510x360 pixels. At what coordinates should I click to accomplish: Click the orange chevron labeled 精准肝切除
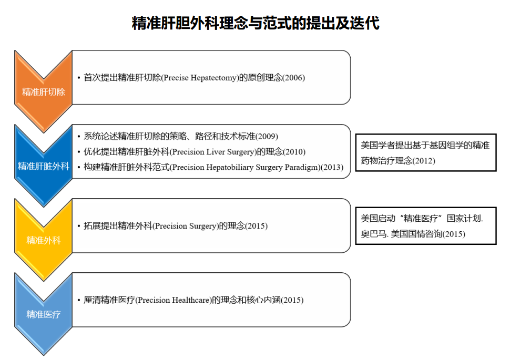pyautogui.click(x=43, y=91)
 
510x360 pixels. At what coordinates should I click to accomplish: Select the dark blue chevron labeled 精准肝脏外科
pyautogui.click(x=43, y=166)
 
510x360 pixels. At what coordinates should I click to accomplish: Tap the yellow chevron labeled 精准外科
pyautogui.click(x=43, y=240)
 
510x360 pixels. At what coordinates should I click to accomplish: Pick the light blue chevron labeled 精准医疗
pyautogui.click(x=43, y=314)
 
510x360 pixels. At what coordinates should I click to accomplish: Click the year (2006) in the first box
pyautogui.click(x=294, y=78)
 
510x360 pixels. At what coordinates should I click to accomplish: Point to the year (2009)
pyautogui.click(x=267, y=136)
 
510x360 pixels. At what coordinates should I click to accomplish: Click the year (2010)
pyautogui.click(x=294, y=152)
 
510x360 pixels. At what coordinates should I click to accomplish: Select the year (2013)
pyautogui.click(x=332, y=168)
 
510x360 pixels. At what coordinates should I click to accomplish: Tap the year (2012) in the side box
pyautogui.click(x=424, y=161)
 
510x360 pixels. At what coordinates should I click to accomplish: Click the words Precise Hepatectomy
pyautogui.click(x=200, y=78)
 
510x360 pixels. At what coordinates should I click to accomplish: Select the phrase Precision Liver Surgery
pyautogui.click(x=213, y=152)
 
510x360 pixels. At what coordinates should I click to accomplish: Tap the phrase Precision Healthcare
pyautogui.click(x=174, y=300)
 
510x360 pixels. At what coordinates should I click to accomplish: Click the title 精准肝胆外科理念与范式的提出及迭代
pyautogui.click(x=256, y=23)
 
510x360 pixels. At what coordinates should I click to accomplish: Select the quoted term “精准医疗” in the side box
pyautogui.click(x=422, y=218)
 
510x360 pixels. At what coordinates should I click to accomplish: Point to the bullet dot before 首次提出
pyautogui.click(x=79, y=78)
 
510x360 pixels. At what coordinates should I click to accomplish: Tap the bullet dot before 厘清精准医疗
pyautogui.click(x=79, y=301)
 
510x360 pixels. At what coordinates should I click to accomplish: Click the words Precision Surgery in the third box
pyautogui.click(x=186, y=226)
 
